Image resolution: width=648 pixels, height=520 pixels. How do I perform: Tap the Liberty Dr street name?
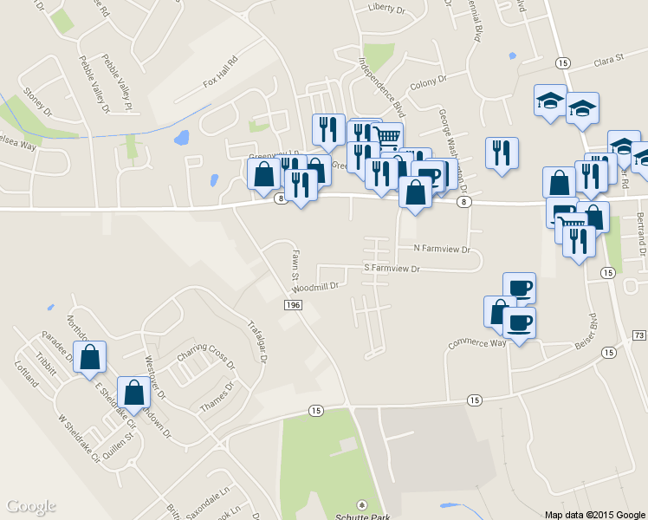(x=386, y=8)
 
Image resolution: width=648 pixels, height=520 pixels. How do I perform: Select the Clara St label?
(x=609, y=61)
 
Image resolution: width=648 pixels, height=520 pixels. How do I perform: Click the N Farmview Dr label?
(x=441, y=249)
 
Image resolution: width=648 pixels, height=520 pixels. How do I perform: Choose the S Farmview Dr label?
(x=391, y=270)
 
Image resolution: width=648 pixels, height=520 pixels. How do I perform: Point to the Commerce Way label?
(x=476, y=343)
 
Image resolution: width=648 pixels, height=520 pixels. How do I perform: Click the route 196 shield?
(x=293, y=305)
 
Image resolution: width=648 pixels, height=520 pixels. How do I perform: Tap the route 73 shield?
(x=639, y=335)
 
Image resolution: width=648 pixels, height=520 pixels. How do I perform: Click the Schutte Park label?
(x=361, y=515)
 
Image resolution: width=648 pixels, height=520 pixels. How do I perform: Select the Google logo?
(x=30, y=506)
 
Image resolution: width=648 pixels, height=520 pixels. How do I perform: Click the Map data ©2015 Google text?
(x=595, y=515)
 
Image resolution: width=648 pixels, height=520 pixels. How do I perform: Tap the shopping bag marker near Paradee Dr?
(x=89, y=357)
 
